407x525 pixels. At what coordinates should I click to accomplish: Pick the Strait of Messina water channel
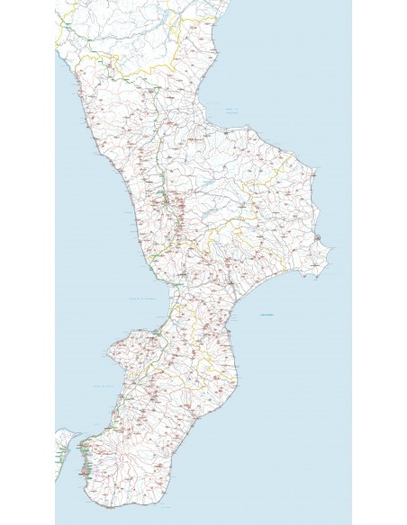pyautogui.click(x=77, y=449)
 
